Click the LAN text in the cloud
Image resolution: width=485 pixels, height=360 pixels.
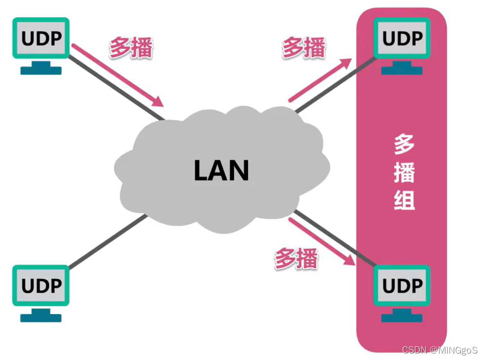coord(222,171)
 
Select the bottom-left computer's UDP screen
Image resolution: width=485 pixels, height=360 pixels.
coord(41,286)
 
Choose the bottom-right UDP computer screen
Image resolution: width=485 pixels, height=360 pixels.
coord(402,286)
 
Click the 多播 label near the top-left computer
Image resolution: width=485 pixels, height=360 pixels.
coord(131,48)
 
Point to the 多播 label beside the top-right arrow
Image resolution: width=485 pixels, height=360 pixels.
coord(304,48)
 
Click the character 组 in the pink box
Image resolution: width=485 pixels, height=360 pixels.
coord(404,200)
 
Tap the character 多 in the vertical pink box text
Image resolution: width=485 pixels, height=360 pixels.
coord(404,144)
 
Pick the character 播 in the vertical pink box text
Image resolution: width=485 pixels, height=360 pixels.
coord(404,172)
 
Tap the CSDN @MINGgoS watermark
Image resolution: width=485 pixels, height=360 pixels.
coord(440,350)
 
